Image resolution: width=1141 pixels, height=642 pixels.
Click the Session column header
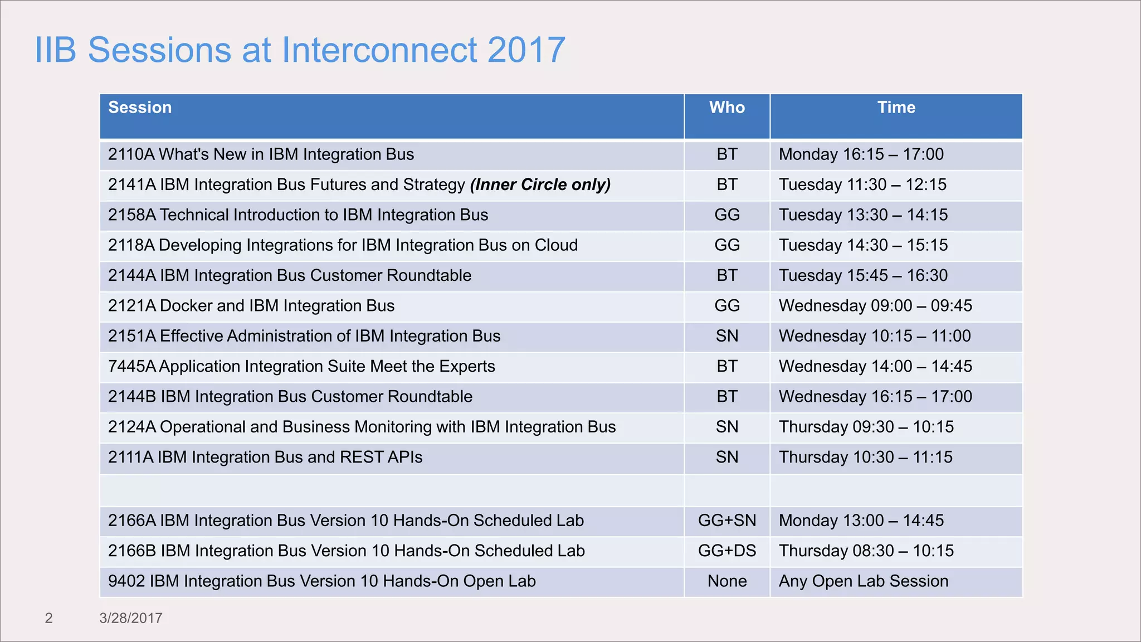pos(140,108)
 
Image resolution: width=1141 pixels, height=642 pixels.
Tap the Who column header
pos(726,108)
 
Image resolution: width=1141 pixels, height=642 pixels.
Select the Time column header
pos(896,108)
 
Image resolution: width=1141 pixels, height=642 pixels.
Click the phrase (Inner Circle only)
pos(540,184)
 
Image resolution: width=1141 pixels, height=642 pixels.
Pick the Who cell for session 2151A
pos(726,336)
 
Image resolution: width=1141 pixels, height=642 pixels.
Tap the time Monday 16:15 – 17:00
pos(861,154)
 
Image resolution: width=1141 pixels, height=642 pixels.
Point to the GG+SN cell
pos(726,521)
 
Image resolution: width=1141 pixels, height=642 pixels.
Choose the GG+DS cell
pos(726,551)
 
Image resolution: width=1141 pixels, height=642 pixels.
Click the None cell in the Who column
pos(726,581)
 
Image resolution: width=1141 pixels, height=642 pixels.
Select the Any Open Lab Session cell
pos(863,581)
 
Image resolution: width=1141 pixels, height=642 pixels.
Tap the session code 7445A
pos(131,367)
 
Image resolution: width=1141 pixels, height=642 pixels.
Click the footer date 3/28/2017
pos(130,618)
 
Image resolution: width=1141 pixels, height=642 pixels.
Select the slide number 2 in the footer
pos(48,618)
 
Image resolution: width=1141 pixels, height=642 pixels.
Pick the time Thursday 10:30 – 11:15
pos(865,458)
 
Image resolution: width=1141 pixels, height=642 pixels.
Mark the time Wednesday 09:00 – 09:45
pos(875,306)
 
